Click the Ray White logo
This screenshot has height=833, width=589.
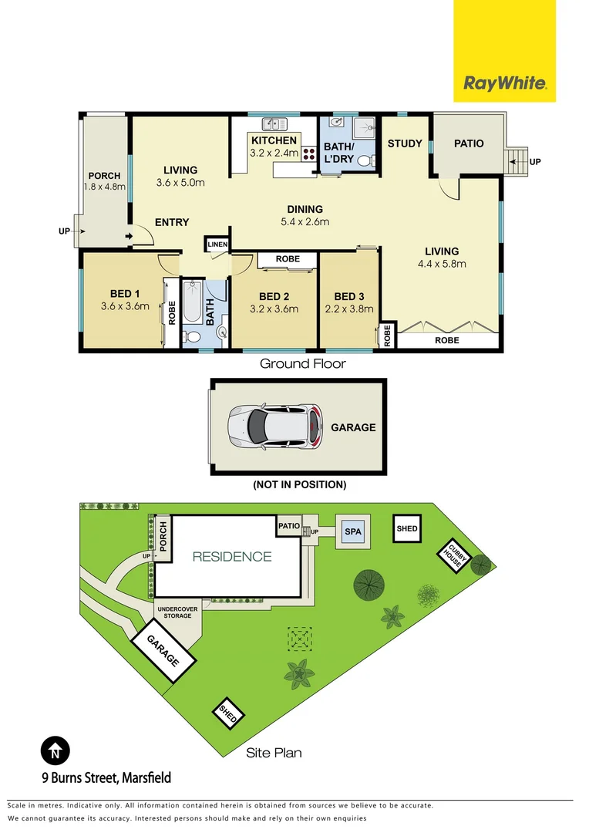click(x=504, y=83)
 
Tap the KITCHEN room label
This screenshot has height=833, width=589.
click(x=273, y=140)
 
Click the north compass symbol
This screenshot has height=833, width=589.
click(x=55, y=749)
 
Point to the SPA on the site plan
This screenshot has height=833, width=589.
click(x=353, y=532)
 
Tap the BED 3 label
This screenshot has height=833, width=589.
click(x=349, y=297)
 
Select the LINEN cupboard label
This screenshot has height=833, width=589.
click(x=217, y=245)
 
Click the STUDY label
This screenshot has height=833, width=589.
click(x=404, y=143)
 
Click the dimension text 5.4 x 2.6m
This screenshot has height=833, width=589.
click(x=305, y=222)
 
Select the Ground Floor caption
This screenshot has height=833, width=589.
click(x=302, y=363)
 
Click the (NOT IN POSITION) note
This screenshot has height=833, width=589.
click(x=299, y=485)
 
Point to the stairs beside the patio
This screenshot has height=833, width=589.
click(x=517, y=161)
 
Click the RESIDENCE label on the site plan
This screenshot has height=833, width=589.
click(x=231, y=556)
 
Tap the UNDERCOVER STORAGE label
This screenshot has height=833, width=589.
click(x=178, y=612)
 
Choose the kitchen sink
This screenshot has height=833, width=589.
click(x=273, y=123)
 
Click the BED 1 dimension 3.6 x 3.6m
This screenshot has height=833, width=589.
click(x=125, y=307)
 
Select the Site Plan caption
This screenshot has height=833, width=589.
click(x=273, y=753)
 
